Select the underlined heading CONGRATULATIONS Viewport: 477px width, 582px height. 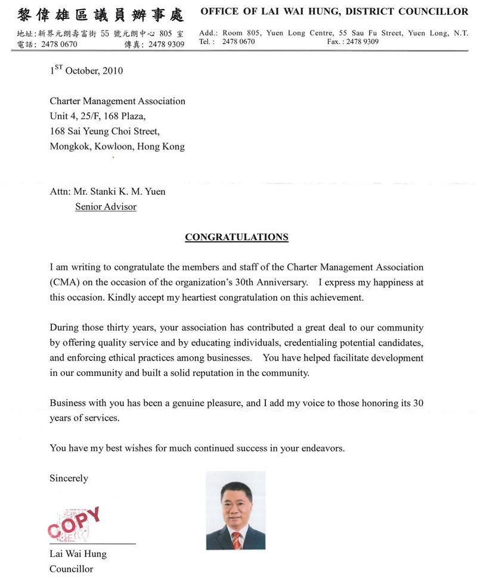pos(236,237)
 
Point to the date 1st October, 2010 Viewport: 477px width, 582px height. pos(86,71)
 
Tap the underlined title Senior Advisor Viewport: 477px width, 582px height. pos(106,207)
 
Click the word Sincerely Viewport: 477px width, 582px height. pos(69,478)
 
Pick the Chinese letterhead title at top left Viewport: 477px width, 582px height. pos(100,14)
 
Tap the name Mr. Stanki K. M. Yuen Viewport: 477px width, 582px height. pos(119,192)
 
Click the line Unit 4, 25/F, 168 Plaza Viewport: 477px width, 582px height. pos(98,116)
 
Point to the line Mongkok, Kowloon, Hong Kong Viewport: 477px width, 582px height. pos(117,147)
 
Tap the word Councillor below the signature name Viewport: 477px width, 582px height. pos(71,569)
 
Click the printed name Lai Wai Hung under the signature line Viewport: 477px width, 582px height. pos(78,554)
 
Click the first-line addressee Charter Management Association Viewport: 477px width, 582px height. pos(117,101)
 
